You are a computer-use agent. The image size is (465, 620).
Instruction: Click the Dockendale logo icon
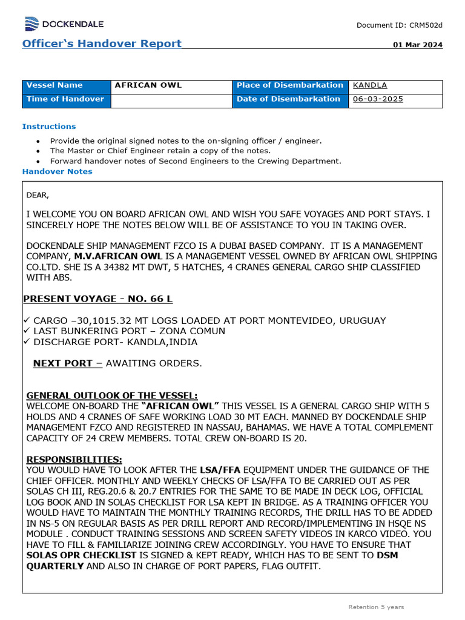(x=31, y=24)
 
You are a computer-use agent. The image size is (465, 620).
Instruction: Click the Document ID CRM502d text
(x=400, y=25)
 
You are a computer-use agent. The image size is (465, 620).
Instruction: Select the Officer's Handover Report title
(x=102, y=44)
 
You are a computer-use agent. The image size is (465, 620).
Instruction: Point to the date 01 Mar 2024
(x=418, y=45)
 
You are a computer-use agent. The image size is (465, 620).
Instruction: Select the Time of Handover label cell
(x=65, y=99)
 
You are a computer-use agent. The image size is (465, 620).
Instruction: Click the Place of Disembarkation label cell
(x=290, y=85)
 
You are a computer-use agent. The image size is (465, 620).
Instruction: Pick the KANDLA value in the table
(x=370, y=85)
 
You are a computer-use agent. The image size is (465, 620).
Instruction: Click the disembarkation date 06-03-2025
(x=378, y=99)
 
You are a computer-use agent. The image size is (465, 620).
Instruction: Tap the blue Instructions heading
(x=49, y=127)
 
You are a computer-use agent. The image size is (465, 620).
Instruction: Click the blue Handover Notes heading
(x=58, y=171)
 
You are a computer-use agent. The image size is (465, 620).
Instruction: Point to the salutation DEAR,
(x=38, y=195)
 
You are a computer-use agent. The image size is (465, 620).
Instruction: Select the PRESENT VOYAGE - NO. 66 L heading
(x=98, y=299)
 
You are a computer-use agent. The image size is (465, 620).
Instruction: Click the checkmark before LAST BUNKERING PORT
(x=26, y=331)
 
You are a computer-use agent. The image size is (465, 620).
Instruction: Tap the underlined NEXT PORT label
(x=67, y=363)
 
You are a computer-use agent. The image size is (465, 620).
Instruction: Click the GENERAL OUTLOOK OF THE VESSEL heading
(x=112, y=395)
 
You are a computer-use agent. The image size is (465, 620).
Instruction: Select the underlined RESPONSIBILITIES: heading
(x=74, y=460)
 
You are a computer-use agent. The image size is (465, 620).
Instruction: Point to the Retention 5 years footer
(x=376, y=607)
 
